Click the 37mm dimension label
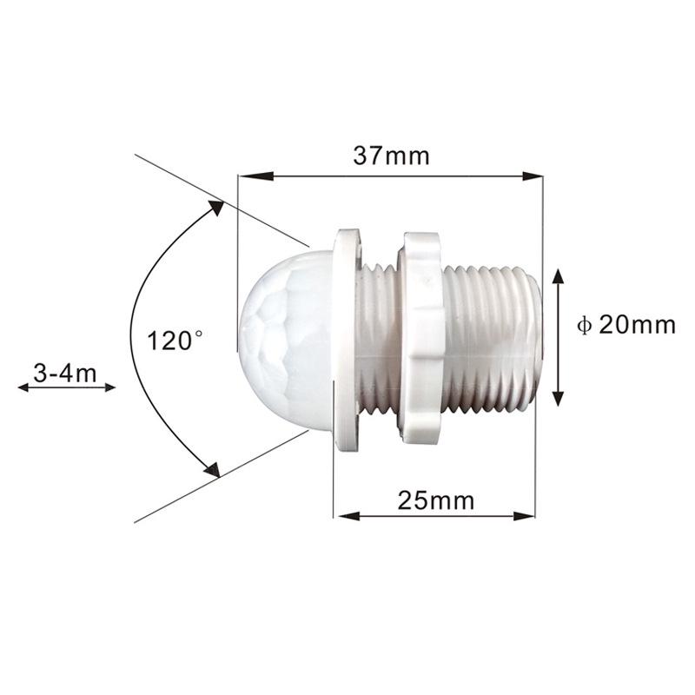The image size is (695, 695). click(x=391, y=156)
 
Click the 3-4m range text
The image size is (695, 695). click(x=64, y=373)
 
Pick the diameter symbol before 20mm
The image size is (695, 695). click(x=585, y=326)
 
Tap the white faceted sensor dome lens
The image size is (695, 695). click(x=282, y=339)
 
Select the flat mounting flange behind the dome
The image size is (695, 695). click(x=347, y=339)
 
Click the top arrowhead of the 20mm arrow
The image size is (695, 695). click(x=559, y=275)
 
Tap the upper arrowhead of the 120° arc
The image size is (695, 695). click(x=214, y=208)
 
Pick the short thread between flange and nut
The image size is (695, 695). click(x=378, y=339)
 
